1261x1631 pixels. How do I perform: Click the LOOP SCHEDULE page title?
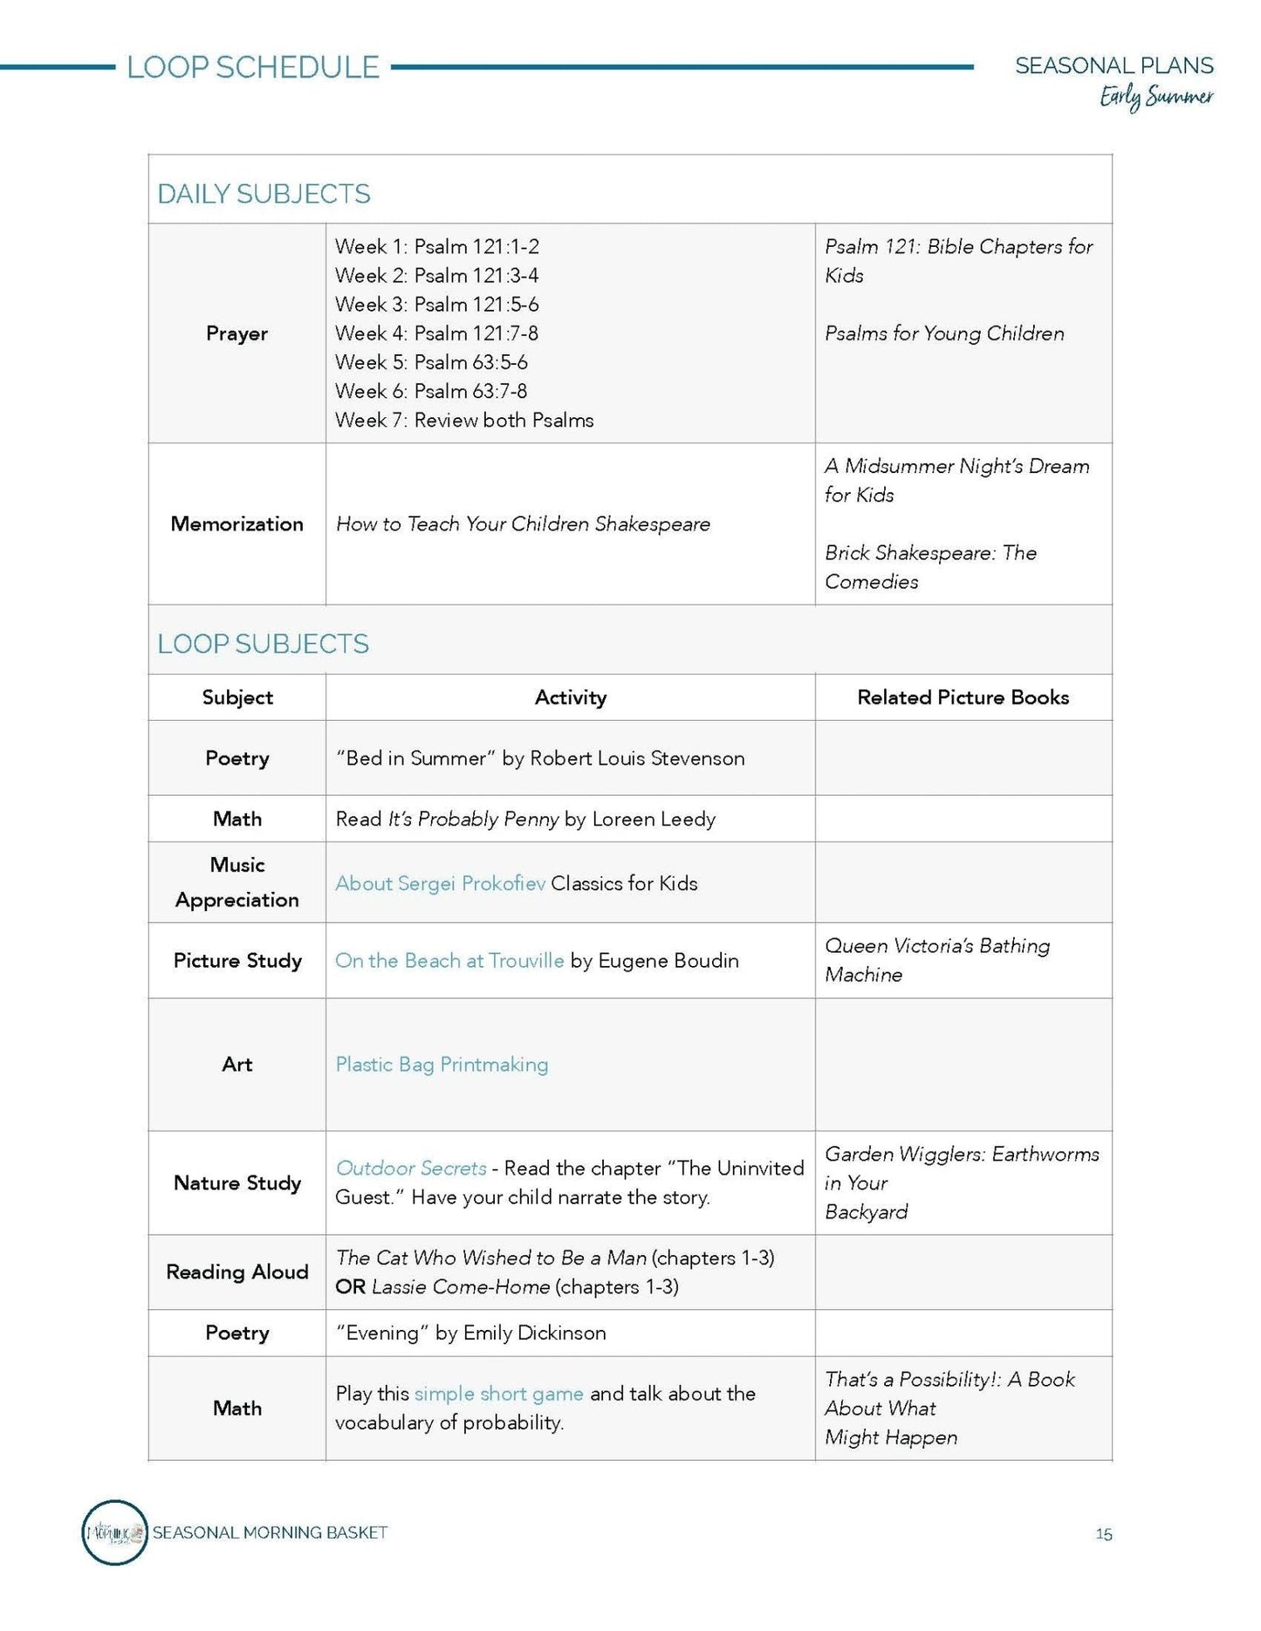[253, 67]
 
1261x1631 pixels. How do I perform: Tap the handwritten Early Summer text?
[1155, 97]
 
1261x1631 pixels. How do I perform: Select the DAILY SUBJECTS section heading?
[264, 194]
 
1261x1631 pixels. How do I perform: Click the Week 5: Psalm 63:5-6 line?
[431, 362]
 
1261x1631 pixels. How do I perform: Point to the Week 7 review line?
[464, 420]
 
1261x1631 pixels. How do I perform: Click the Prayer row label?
[236, 333]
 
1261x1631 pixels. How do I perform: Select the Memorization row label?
[236, 524]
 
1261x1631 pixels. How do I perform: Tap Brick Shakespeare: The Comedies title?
[930, 567]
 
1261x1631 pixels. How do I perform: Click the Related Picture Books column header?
[963, 697]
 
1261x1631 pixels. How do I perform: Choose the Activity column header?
[570, 697]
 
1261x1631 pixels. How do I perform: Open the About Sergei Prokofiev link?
[440, 883]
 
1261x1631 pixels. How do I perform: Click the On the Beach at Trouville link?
[449, 961]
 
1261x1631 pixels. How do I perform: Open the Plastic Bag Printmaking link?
[442, 1065]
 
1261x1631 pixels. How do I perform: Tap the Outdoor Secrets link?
[411, 1168]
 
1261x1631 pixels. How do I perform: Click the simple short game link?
[498, 1394]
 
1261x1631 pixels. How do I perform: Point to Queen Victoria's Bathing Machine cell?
[937, 960]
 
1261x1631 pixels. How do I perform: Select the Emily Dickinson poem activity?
[471, 1333]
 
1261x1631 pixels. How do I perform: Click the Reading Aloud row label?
[236, 1271]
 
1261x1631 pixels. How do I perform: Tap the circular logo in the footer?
[114, 1532]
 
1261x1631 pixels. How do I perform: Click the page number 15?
[1104, 1534]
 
